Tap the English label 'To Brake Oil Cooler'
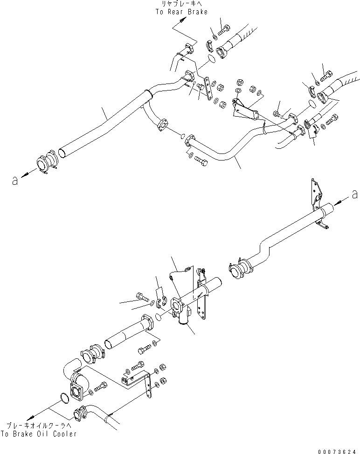pos(39,434)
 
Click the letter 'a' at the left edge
pos(14,181)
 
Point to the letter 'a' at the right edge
pos(355,194)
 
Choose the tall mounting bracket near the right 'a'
pos(317,203)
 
